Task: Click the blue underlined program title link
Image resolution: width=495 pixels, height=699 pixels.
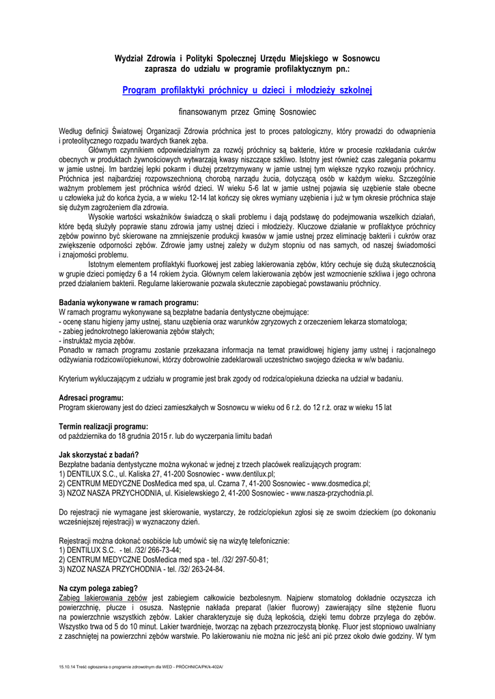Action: click(247, 90)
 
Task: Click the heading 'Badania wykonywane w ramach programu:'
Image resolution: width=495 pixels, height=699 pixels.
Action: click(128, 302)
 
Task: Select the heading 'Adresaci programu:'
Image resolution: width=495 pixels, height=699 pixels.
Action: click(91, 397)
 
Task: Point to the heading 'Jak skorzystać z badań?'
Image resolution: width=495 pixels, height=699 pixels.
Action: click(99, 455)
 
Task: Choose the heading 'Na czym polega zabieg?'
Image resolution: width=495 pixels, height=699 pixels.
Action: click(98, 588)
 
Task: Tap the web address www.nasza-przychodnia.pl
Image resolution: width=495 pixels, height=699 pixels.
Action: click(332, 492)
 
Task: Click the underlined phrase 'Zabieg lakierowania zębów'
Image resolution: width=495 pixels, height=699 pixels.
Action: click(103, 597)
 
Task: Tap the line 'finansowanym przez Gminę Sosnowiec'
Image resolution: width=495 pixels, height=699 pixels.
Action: click(247, 111)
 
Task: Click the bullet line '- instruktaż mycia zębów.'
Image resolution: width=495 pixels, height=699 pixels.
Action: click(98, 340)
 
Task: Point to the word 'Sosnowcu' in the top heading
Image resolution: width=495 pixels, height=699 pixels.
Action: click(360, 59)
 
